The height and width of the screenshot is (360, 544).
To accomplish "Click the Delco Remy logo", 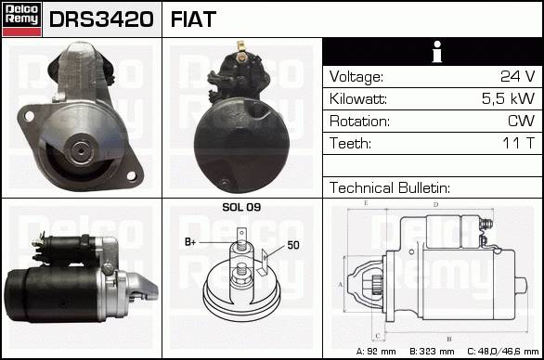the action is pos(21,19).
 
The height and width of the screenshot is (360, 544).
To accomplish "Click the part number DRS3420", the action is pos(101,19).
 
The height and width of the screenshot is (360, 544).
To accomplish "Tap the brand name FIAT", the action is pos(193,19).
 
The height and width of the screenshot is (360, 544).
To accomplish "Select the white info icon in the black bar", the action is pos(437,52).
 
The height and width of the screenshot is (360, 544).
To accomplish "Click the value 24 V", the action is pos(518,76).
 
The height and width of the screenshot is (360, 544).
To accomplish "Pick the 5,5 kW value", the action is pos(509,98).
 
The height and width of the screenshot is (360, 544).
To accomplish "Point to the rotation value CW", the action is pos(522,121).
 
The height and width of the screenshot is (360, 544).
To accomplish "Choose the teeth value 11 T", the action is pos(518,143).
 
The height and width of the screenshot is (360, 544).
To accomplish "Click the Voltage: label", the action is pos(356,77).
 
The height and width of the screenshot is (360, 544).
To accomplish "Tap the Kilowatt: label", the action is pos(358,99).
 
